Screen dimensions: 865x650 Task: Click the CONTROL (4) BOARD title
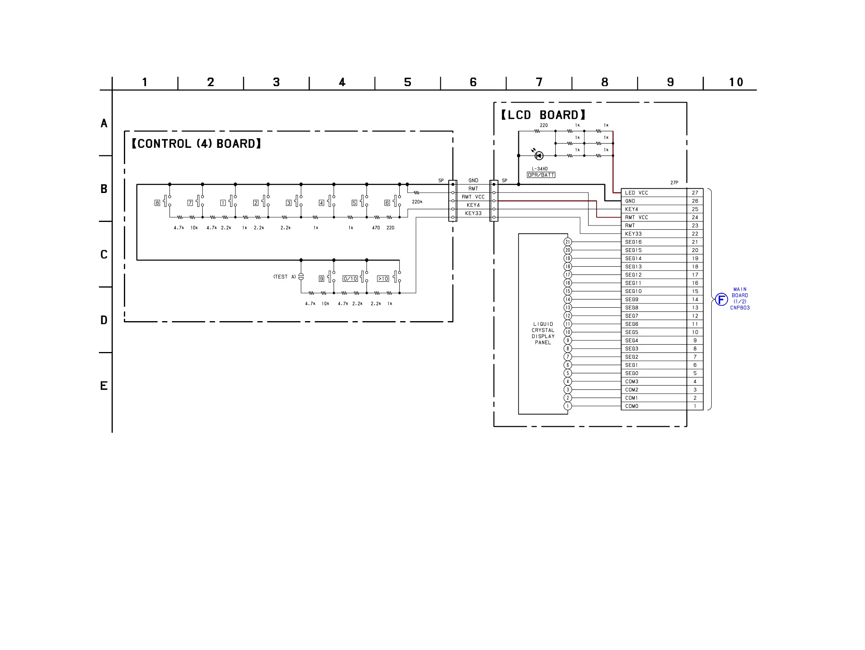pos(196,144)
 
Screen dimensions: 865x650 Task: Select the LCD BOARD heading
pos(543,115)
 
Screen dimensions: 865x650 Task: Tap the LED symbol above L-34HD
pos(539,156)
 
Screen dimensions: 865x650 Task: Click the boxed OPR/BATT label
pos(541,175)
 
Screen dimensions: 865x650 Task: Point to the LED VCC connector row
pos(654,193)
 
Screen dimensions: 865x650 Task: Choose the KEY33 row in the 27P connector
pos(654,234)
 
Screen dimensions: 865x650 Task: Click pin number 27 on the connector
pos(695,193)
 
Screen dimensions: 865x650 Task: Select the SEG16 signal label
pos(633,242)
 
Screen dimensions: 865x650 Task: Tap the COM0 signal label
pos(631,406)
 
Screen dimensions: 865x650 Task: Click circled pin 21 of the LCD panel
pos(568,242)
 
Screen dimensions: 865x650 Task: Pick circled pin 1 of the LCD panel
pos(568,406)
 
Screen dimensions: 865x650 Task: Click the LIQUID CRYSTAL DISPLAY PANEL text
pos(543,333)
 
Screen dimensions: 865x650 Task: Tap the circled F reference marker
pos(721,300)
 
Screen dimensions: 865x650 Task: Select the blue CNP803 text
pos(740,308)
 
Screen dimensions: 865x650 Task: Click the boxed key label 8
pos(157,203)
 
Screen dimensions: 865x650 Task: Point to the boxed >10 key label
pos(383,279)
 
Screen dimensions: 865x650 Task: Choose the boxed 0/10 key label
pos(350,279)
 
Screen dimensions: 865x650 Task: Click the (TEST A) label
pos(284,277)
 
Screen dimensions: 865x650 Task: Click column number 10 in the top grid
pos(736,82)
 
